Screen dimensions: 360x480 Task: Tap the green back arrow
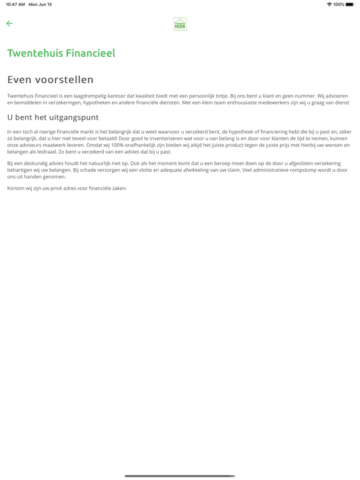(x=9, y=24)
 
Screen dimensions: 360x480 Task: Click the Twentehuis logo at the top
(x=180, y=24)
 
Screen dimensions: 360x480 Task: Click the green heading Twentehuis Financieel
(x=61, y=53)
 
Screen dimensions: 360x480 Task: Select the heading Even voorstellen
(x=50, y=79)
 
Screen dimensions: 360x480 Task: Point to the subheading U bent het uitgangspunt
(x=52, y=117)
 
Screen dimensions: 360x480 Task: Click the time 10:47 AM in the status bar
(x=16, y=4)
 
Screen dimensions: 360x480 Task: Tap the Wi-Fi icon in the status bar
(x=329, y=4)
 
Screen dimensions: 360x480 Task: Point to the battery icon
(x=349, y=4)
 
